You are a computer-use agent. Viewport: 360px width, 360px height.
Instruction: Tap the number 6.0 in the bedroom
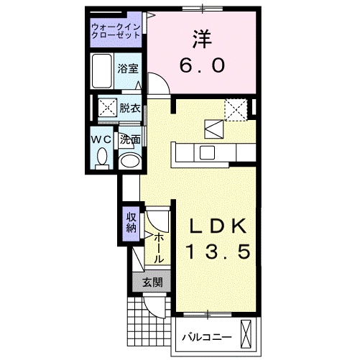point(202,65)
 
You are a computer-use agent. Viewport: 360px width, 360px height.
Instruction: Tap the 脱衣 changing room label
point(129,109)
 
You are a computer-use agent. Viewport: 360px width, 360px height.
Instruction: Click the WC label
point(101,138)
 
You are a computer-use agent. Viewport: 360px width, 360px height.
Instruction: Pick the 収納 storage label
point(131,223)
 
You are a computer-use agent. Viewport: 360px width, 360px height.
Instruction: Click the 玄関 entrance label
point(151,282)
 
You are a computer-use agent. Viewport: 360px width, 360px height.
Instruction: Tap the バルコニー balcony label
point(206,336)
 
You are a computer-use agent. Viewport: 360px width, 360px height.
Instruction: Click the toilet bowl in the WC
point(102,156)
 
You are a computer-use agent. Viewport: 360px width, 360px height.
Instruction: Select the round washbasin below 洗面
point(129,160)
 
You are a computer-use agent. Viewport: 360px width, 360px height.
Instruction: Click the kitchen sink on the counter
point(208,152)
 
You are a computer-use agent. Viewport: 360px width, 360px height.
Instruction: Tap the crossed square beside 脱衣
point(108,109)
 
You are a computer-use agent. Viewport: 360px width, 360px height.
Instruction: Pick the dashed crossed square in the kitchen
point(236,109)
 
